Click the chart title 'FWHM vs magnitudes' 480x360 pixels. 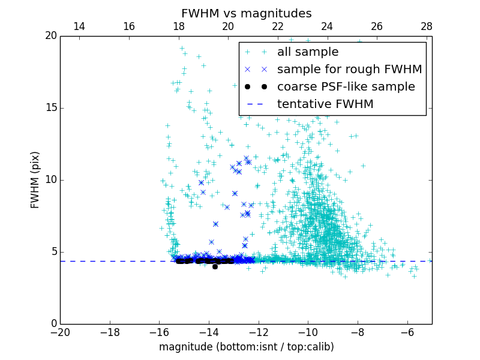246,13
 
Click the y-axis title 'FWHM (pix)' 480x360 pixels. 35,180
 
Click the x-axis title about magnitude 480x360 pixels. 246,347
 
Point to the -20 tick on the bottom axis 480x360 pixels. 60,332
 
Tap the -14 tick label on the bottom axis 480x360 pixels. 209,332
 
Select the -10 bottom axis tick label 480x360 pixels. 308,332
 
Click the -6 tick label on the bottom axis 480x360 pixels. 407,332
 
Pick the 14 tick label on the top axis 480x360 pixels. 79,26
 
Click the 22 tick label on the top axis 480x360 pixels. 277,26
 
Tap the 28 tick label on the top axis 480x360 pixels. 426,26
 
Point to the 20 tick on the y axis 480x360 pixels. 50,36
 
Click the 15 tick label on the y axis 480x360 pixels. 50,108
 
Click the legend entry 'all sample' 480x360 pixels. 307,52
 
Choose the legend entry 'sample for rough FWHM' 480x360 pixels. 349,70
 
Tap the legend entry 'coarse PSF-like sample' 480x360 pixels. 346,87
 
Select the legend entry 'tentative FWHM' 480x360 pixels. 325,104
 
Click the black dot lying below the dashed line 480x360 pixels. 215,266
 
